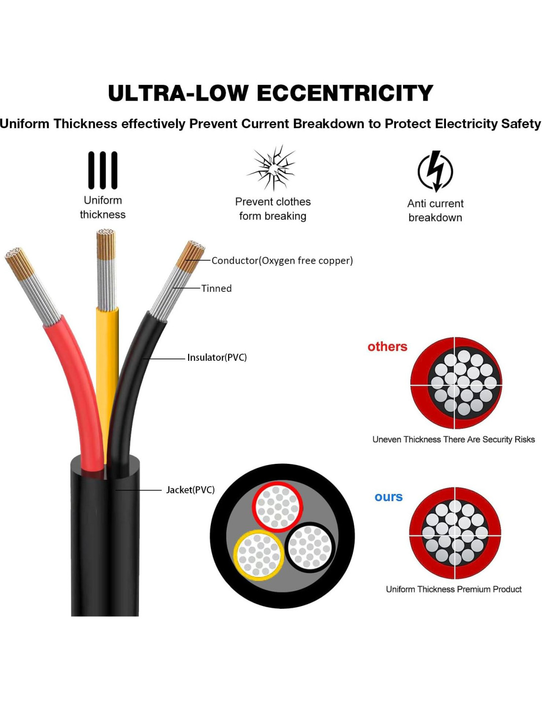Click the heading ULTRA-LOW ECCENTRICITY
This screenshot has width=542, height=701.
(x=271, y=93)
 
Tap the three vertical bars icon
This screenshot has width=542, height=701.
(x=102, y=170)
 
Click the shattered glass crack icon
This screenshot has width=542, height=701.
(x=272, y=168)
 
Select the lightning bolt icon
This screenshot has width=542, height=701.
(x=435, y=171)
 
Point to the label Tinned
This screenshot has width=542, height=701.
(x=216, y=288)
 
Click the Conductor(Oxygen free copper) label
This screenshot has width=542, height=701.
(x=282, y=260)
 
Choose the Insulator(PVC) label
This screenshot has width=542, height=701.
(x=217, y=357)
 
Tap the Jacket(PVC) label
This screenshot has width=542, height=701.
(x=190, y=490)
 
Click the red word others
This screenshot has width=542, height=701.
(x=387, y=347)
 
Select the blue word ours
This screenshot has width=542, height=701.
(x=388, y=497)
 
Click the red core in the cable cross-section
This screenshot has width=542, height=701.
(x=277, y=507)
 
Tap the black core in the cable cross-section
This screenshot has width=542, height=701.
(x=310, y=547)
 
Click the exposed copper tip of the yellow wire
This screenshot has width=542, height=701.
(x=106, y=244)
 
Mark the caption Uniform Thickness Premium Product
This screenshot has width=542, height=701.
(x=453, y=589)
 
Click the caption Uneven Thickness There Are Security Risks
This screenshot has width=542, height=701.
(x=453, y=439)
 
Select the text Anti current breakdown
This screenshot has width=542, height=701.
(x=435, y=210)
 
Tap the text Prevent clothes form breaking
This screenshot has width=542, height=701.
(x=272, y=209)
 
